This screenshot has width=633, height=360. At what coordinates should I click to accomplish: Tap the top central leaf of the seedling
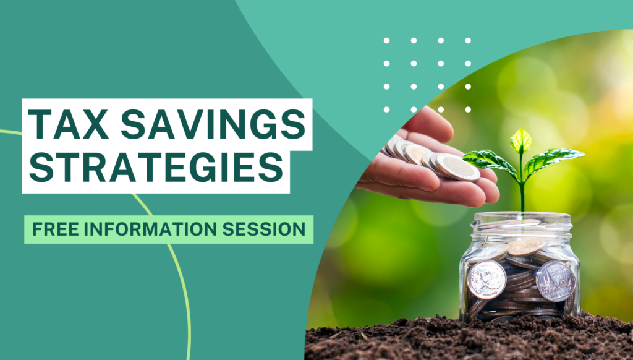[x=520, y=140]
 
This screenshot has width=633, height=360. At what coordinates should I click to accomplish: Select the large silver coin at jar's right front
[x=555, y=280]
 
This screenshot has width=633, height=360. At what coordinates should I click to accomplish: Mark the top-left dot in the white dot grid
[x=386, y=41]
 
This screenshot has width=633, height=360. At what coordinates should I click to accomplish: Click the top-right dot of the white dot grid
[x=468, y=41]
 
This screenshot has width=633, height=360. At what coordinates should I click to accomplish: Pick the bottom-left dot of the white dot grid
[x=386, y=109]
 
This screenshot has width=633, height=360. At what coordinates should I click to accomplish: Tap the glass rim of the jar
[x=520, y=218]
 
